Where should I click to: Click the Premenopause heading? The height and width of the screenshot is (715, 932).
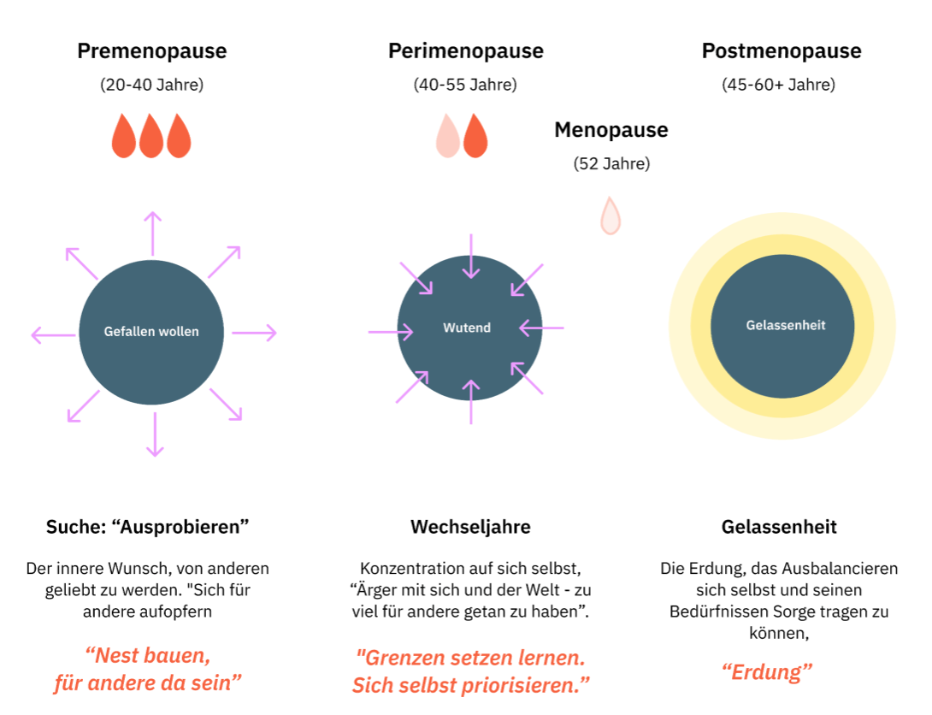coord(152,51)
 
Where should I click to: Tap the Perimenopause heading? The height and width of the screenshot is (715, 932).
coord(465,51)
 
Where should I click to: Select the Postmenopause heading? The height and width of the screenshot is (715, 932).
coord(782,51)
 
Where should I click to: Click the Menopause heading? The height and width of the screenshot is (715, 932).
coord(611,130)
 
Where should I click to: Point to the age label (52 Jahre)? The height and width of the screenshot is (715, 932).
coord(611,163)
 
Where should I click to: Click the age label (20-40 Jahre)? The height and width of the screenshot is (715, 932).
coord(152,85)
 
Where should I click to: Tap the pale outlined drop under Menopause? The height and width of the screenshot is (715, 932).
coord(610,216)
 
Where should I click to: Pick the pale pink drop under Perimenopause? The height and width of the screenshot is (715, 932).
coord(448,136)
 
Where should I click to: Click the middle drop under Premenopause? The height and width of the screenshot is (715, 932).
coord(151,136)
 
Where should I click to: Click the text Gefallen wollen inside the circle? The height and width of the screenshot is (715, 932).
coord(151,331)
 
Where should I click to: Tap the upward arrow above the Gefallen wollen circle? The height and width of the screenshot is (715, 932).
coord(152,233)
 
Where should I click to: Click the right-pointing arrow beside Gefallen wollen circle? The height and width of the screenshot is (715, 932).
coord(254,334)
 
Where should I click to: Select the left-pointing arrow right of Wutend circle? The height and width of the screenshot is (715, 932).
coord(541,327)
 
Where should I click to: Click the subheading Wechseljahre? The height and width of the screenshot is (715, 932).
coord(470,527)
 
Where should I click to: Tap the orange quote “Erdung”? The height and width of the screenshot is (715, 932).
coord(767,671)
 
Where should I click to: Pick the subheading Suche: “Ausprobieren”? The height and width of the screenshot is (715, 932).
coord(147,527)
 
